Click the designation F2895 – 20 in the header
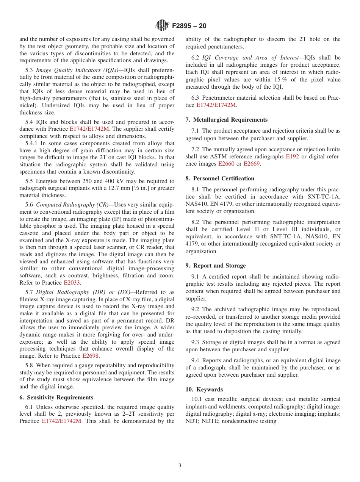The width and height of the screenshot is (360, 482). click(189, 26)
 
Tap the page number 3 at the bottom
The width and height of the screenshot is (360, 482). click(180, 466)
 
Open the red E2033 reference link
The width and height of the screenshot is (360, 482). click(72, 283)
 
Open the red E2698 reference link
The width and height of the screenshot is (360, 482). click(91, 356)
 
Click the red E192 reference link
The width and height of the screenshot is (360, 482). click(293, 156)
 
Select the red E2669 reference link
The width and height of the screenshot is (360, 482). click(252, 164)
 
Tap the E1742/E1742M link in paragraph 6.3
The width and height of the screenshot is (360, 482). click(216, 105)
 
